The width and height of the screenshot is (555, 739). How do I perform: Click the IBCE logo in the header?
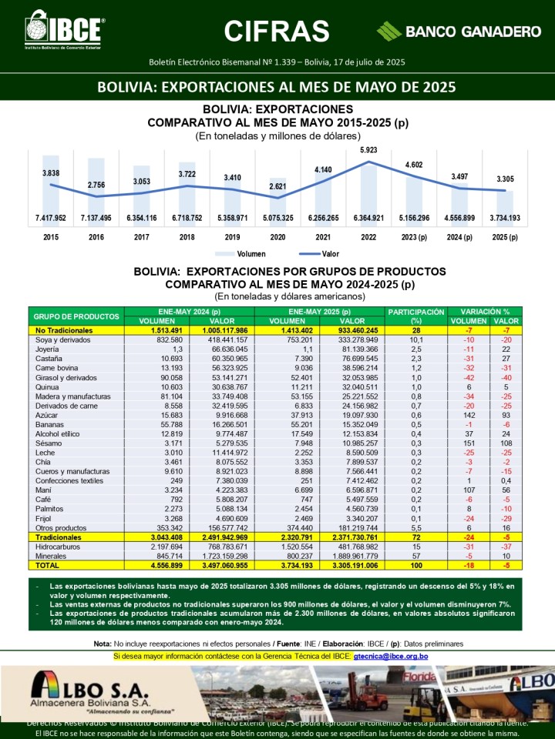(x=65, y=31)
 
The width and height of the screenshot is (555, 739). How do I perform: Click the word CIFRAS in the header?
(x=277, y=31)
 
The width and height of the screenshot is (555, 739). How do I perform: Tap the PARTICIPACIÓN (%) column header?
(x=416, y=316)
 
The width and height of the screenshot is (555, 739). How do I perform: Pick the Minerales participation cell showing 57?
(x=416, y=555)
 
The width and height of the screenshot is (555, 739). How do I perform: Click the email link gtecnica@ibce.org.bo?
(x=390, y=657)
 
